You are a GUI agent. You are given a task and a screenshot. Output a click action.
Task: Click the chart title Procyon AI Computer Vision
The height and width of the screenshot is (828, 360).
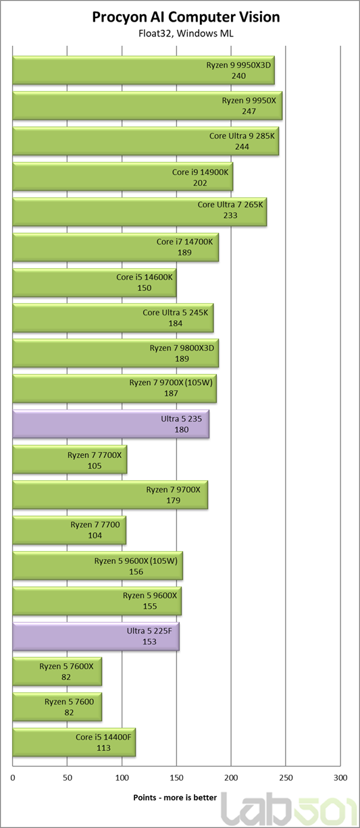pos(186,17)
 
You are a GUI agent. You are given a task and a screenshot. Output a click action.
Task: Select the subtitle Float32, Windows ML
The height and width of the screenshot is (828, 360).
pos(186,34)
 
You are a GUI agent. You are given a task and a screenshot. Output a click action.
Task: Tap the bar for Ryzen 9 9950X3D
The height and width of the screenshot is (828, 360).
pos(143,70)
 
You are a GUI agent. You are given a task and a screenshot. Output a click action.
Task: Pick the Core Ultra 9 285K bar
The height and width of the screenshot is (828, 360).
pos(146,141)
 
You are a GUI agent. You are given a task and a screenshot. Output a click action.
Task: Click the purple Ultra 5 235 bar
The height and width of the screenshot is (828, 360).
pos(111,424)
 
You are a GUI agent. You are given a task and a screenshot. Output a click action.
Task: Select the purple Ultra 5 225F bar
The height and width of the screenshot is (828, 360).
pos(96,636)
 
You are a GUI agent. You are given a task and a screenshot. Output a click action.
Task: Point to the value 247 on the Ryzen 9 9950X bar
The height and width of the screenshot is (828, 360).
pos(249,111)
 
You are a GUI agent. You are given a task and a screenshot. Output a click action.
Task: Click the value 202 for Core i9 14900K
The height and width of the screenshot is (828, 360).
pos(200,183)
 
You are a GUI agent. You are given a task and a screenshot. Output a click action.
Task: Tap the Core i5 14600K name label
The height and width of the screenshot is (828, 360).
pos(145,277)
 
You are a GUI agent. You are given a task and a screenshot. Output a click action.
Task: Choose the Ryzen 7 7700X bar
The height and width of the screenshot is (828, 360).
pos(70,459)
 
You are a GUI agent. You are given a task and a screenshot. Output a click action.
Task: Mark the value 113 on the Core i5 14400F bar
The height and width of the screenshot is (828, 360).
pos(103,748)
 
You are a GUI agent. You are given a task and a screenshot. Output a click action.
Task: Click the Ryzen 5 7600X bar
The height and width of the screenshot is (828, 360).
pos(57,671)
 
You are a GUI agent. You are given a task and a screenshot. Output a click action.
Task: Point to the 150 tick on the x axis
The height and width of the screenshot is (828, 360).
pos(177,777)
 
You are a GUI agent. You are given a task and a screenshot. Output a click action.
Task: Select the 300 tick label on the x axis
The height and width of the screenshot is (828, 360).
pos(340,777)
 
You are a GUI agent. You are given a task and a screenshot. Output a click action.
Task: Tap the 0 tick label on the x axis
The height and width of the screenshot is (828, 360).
pos(13,777)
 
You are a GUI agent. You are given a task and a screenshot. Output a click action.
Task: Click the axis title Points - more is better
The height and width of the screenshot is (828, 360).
pos(175,798)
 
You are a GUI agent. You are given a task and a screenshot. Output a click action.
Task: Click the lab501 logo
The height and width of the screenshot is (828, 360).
pos(290,810)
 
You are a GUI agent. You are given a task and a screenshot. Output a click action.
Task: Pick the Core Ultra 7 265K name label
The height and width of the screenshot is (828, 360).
pos(230,205)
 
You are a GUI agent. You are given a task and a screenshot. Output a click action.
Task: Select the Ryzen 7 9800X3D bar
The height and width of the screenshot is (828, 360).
pos(115,353)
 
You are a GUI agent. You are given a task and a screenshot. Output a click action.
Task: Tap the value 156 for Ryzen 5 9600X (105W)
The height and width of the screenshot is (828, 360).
pos(136,571)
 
